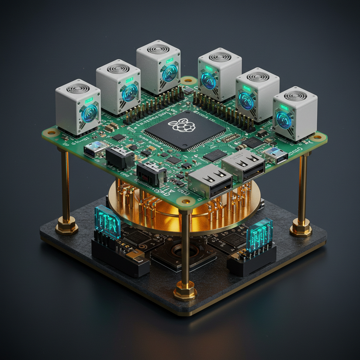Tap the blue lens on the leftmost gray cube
(89, 113)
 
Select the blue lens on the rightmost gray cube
(283, 120)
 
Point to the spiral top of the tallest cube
(158, 49)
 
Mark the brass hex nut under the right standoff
(301, 229)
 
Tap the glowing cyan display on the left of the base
(108, 222)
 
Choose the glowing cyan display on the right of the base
(259, 234)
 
